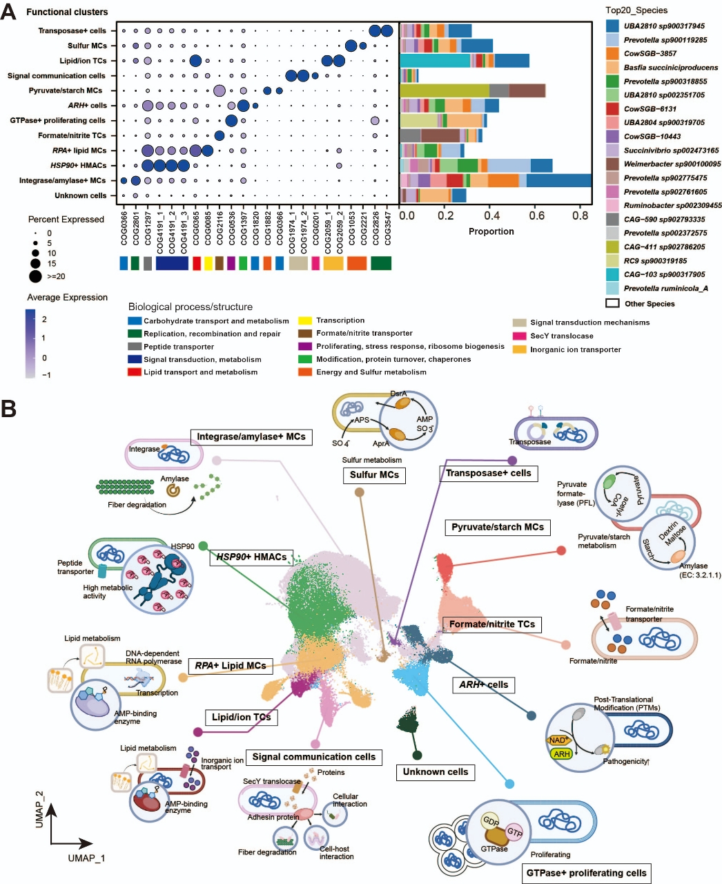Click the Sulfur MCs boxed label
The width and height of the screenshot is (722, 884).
pyautogui.click(x=374, y=475)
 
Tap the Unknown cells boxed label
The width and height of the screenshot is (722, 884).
pyautogui.click(x=436, y=771)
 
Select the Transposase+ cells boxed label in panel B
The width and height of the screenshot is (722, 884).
pyautogui.click(x=488, y=473)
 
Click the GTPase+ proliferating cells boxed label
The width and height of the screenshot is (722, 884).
pyautogui.click(x=586, y=873)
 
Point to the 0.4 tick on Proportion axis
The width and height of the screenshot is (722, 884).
pyautogui.click(x=491, y=216)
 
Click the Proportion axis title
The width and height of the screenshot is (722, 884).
pyautogui.click(x=491, y=231)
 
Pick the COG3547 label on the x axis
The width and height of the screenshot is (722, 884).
pyautogui.click(x=388, y=228)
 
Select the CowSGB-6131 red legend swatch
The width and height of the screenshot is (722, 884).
pyautogui.click(x=612, y=108)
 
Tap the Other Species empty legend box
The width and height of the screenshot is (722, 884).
pyautogui.click(x=612, y=303)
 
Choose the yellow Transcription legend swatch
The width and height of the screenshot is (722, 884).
pyautogui.click(x=305, y=320)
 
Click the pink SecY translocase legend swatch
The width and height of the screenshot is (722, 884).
pyautogui.click(x=519, y=336)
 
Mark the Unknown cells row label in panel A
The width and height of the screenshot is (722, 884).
pyautogui.click(x=81, y=195)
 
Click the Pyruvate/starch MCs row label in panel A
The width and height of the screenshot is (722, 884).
pyautogui.click(x=66, y=90)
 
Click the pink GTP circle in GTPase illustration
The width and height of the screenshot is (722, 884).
pyautogui.click(x=514, y=832)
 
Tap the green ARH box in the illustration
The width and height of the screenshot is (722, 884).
pyautogui.click(x=561, y=753)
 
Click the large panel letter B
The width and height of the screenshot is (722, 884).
pyautogui.click(x=8, y=409)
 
